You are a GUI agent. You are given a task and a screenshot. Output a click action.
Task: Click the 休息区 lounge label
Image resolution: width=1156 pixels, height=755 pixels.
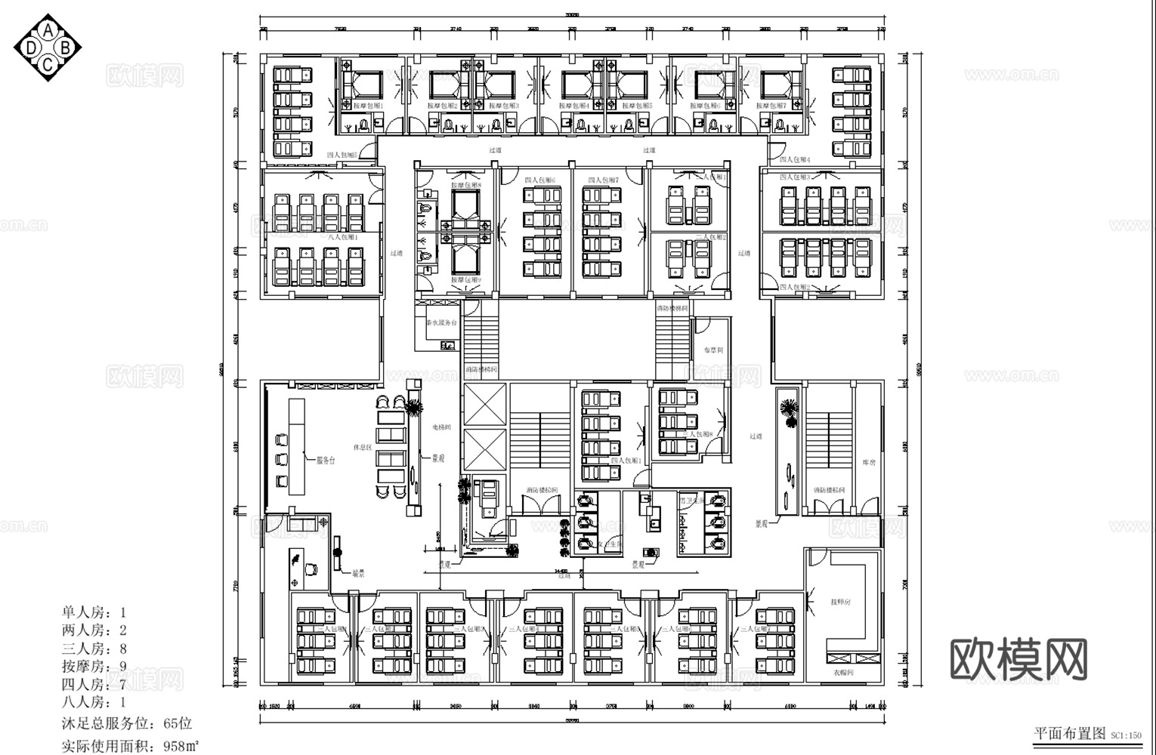(363, 447)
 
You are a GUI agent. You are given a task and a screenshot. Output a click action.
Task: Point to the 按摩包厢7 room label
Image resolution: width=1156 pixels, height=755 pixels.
(773, 106)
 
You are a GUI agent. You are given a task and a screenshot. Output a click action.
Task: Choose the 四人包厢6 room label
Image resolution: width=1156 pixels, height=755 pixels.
(539, 180)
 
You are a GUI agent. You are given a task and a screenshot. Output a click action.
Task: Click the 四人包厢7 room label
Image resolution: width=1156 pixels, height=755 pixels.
(603, 180)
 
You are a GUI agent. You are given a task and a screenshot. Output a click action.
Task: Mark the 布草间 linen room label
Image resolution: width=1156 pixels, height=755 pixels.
(713, 350)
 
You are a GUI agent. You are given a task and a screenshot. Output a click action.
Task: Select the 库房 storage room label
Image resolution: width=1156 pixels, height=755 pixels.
(868, 462)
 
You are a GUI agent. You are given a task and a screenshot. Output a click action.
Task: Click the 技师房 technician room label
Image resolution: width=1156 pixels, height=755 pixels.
(840, 602)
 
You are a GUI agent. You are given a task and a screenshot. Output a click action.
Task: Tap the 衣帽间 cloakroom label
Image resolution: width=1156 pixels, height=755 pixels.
(843, 672)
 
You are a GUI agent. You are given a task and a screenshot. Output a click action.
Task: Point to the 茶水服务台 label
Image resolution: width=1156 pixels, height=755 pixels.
(441, 322)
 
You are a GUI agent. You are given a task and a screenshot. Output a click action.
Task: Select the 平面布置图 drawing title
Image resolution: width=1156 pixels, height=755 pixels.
(1068, 733)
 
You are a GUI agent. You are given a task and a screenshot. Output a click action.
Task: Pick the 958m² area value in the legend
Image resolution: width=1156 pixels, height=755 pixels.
(181, 747)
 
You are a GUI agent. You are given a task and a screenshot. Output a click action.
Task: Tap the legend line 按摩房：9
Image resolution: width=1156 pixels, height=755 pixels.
(94, 667)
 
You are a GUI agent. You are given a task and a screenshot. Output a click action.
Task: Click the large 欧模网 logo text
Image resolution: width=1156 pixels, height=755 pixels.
(1017, 658)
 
